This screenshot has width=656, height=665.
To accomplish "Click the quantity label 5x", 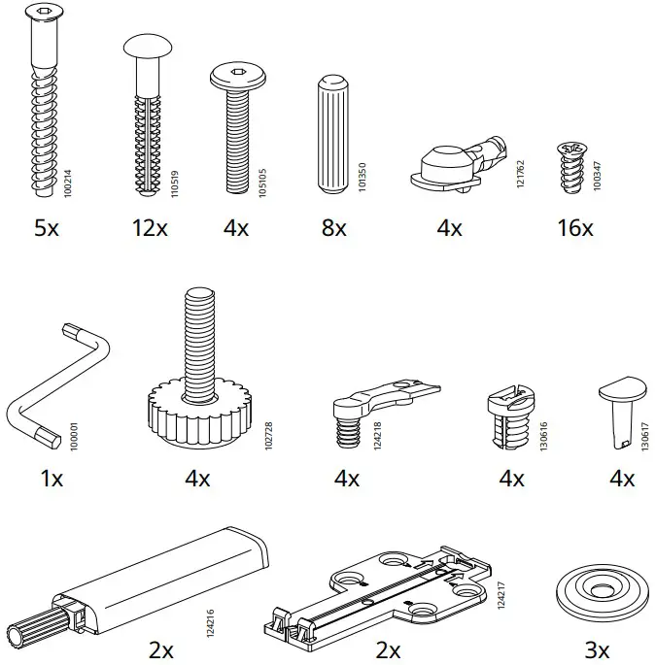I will point(47,228).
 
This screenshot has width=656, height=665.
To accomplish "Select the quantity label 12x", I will point(150,228).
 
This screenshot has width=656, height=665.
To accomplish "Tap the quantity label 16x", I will point(574,228).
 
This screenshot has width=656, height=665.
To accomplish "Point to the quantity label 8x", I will point(333,228).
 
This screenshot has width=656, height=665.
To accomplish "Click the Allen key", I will point(57,387).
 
